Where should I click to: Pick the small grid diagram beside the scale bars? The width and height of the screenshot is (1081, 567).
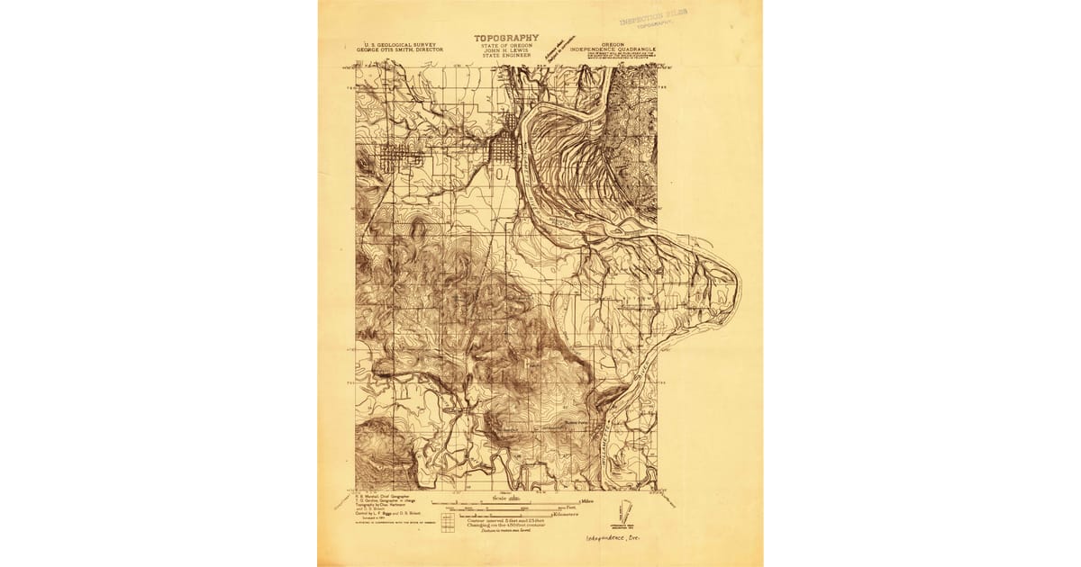pos(448,520)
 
